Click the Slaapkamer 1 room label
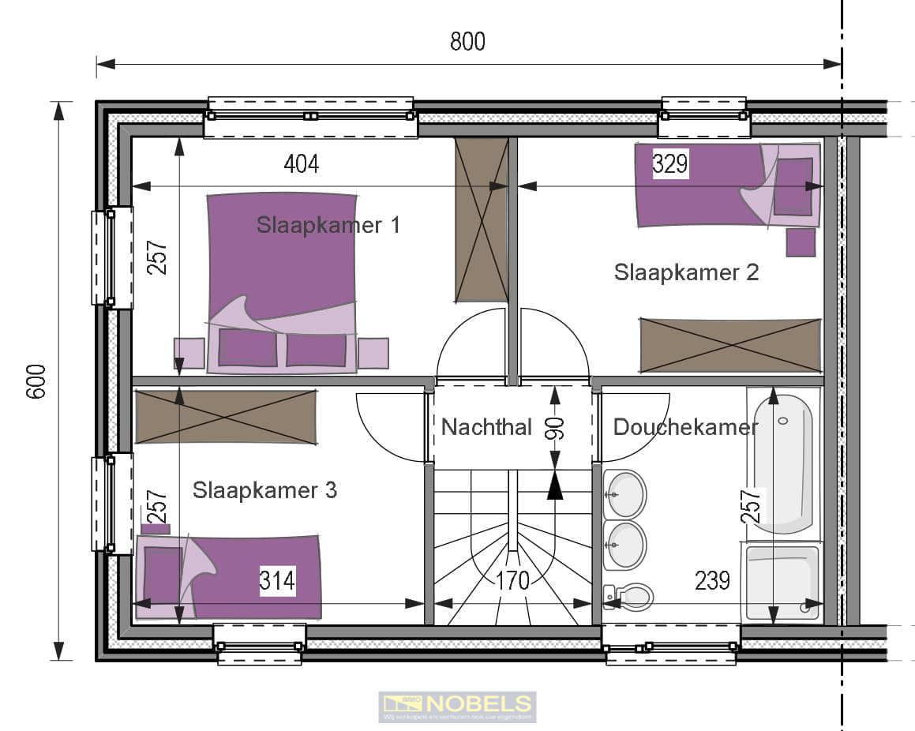pyautogui.click(x=328, y=225)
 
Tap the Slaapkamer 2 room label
pyautogui.click(x=686, y=272)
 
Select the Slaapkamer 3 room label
pyautogui.click(x=264, y=490)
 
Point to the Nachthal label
pyautogui.click(x=486, y=427)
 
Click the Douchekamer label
pyautogui.click(x=685, y=427)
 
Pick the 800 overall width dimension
pyautogui.click(x=467, y=42)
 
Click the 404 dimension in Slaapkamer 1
pyautogui.click(x=301, y=164)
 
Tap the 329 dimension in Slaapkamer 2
pyautogui.click(x=670, y=164)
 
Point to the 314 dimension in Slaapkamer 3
pyautogui.click(x=277, y=581)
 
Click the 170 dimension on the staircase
pyautogui.click(x=512, y=582)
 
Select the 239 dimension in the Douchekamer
pyautogui.click(x=712, y=581)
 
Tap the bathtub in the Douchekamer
pyautogui.click(x=782, y=462)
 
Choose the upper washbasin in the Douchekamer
pyautogui.click(x=625, y=494)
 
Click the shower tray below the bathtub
pyautogui.click(x=783, y=581)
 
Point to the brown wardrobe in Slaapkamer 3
pyautogui.click(x=225, y=416)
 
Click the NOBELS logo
pyautogui.click(x=457, y=707)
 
